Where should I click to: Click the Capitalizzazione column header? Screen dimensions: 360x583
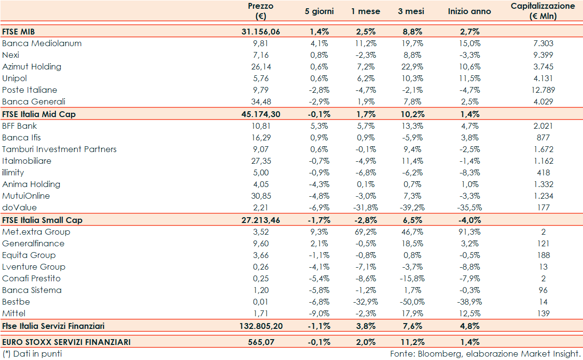pos(542,11)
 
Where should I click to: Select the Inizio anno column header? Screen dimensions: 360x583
pos(469,11)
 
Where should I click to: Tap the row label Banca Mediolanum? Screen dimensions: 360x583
pos(42,43)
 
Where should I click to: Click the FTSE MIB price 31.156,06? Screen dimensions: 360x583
pos(260,32)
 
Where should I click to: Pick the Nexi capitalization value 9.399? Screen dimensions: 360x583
pos(543,55)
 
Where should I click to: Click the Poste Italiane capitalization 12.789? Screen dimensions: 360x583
pos(543,90)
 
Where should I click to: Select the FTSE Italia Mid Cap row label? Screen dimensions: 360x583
pos(38,114)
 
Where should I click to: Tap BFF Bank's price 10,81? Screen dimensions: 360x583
pos(260,126)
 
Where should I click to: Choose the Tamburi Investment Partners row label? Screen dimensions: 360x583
pos(59,149)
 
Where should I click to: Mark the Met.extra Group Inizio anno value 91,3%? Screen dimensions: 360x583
pos(469,232)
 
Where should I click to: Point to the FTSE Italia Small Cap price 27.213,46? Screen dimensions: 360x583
pos(260,220)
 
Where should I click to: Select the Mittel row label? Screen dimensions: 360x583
pos(14,313)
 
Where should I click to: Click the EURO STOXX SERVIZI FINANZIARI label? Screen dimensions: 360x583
pos(66,342)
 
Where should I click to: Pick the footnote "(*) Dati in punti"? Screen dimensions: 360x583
pos(32,354)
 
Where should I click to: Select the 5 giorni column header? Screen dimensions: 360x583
pos(317,11)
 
